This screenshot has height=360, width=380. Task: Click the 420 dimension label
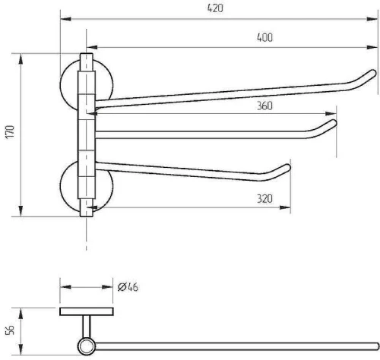215,8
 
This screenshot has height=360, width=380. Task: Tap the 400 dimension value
264,37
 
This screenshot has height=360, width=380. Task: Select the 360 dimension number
264,106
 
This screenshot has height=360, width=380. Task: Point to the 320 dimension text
264,199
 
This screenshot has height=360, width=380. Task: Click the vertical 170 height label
11,131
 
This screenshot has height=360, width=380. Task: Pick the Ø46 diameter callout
128,287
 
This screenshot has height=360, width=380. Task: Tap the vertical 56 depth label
10,330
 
